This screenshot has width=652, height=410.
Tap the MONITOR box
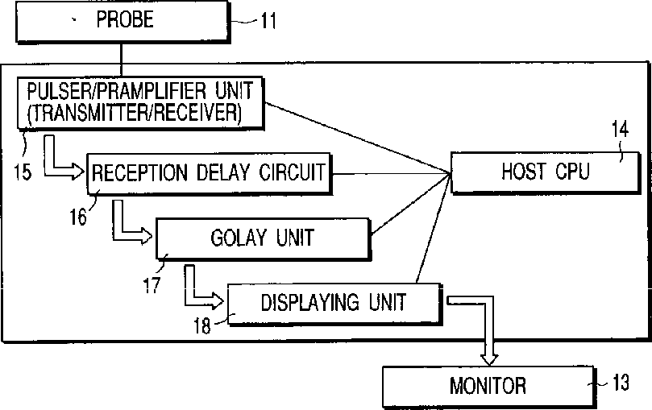point(487,384)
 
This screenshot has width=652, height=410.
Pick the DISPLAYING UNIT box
point(334,303)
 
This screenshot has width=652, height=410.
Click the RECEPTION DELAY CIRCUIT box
point(209,172)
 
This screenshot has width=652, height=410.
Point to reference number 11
point(268,20)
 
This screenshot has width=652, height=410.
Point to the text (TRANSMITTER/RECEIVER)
point(135,113)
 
